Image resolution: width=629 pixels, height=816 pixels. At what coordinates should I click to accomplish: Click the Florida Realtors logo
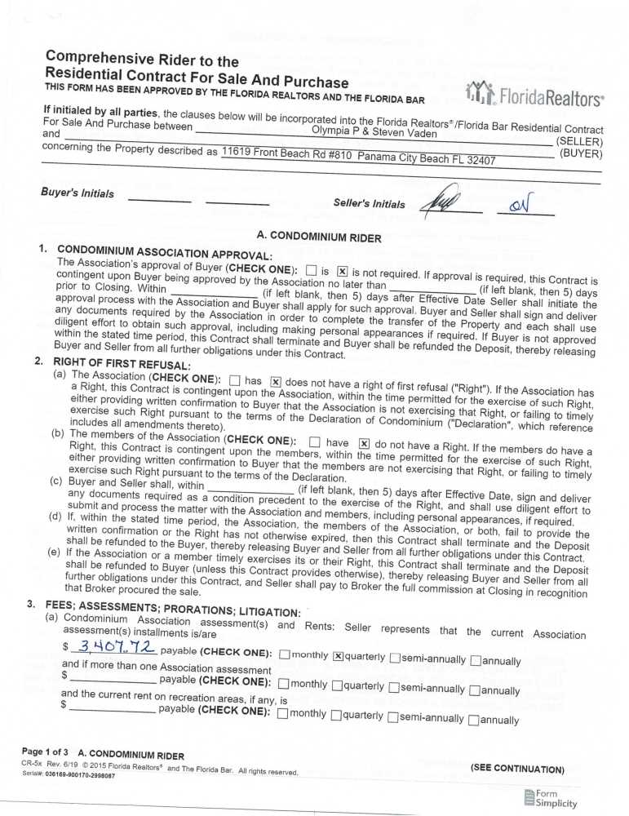(x=534, y=96)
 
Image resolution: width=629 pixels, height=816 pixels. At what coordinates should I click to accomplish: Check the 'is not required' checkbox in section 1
(x=343, y=272)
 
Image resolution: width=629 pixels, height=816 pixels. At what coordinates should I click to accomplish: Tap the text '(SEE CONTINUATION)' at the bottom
(x=516, y=769)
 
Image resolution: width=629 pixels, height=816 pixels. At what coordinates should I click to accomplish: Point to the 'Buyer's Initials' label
(x=77, y=193)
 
